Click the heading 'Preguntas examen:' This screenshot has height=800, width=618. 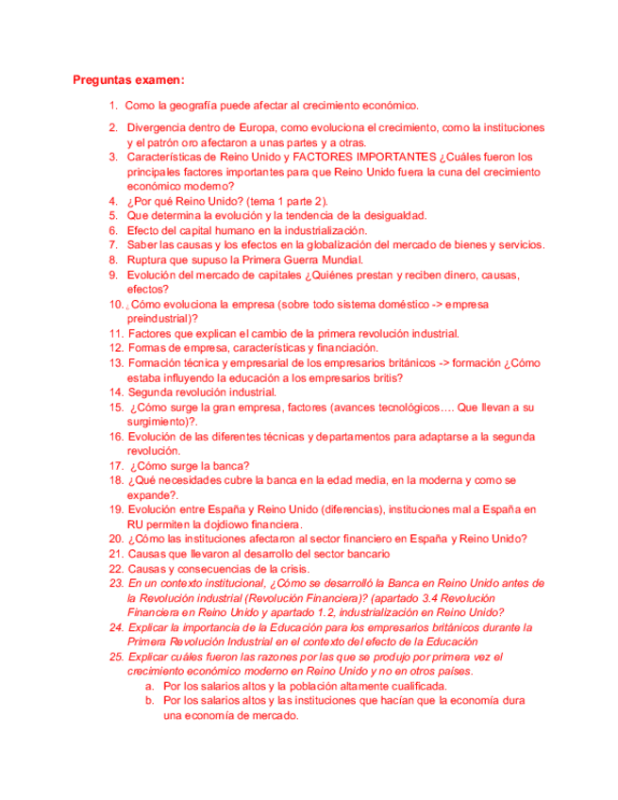coord(128,80)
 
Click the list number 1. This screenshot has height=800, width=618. coord(113,107)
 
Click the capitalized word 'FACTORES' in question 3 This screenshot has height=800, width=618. coord(329,157)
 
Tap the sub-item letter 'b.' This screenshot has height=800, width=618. coord(150,701)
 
